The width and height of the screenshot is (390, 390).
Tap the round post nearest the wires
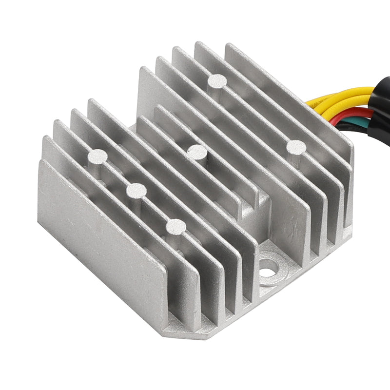295,146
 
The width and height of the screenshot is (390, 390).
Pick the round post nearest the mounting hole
175,227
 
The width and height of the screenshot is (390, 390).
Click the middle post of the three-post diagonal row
136,191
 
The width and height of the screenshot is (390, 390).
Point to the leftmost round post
97,156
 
